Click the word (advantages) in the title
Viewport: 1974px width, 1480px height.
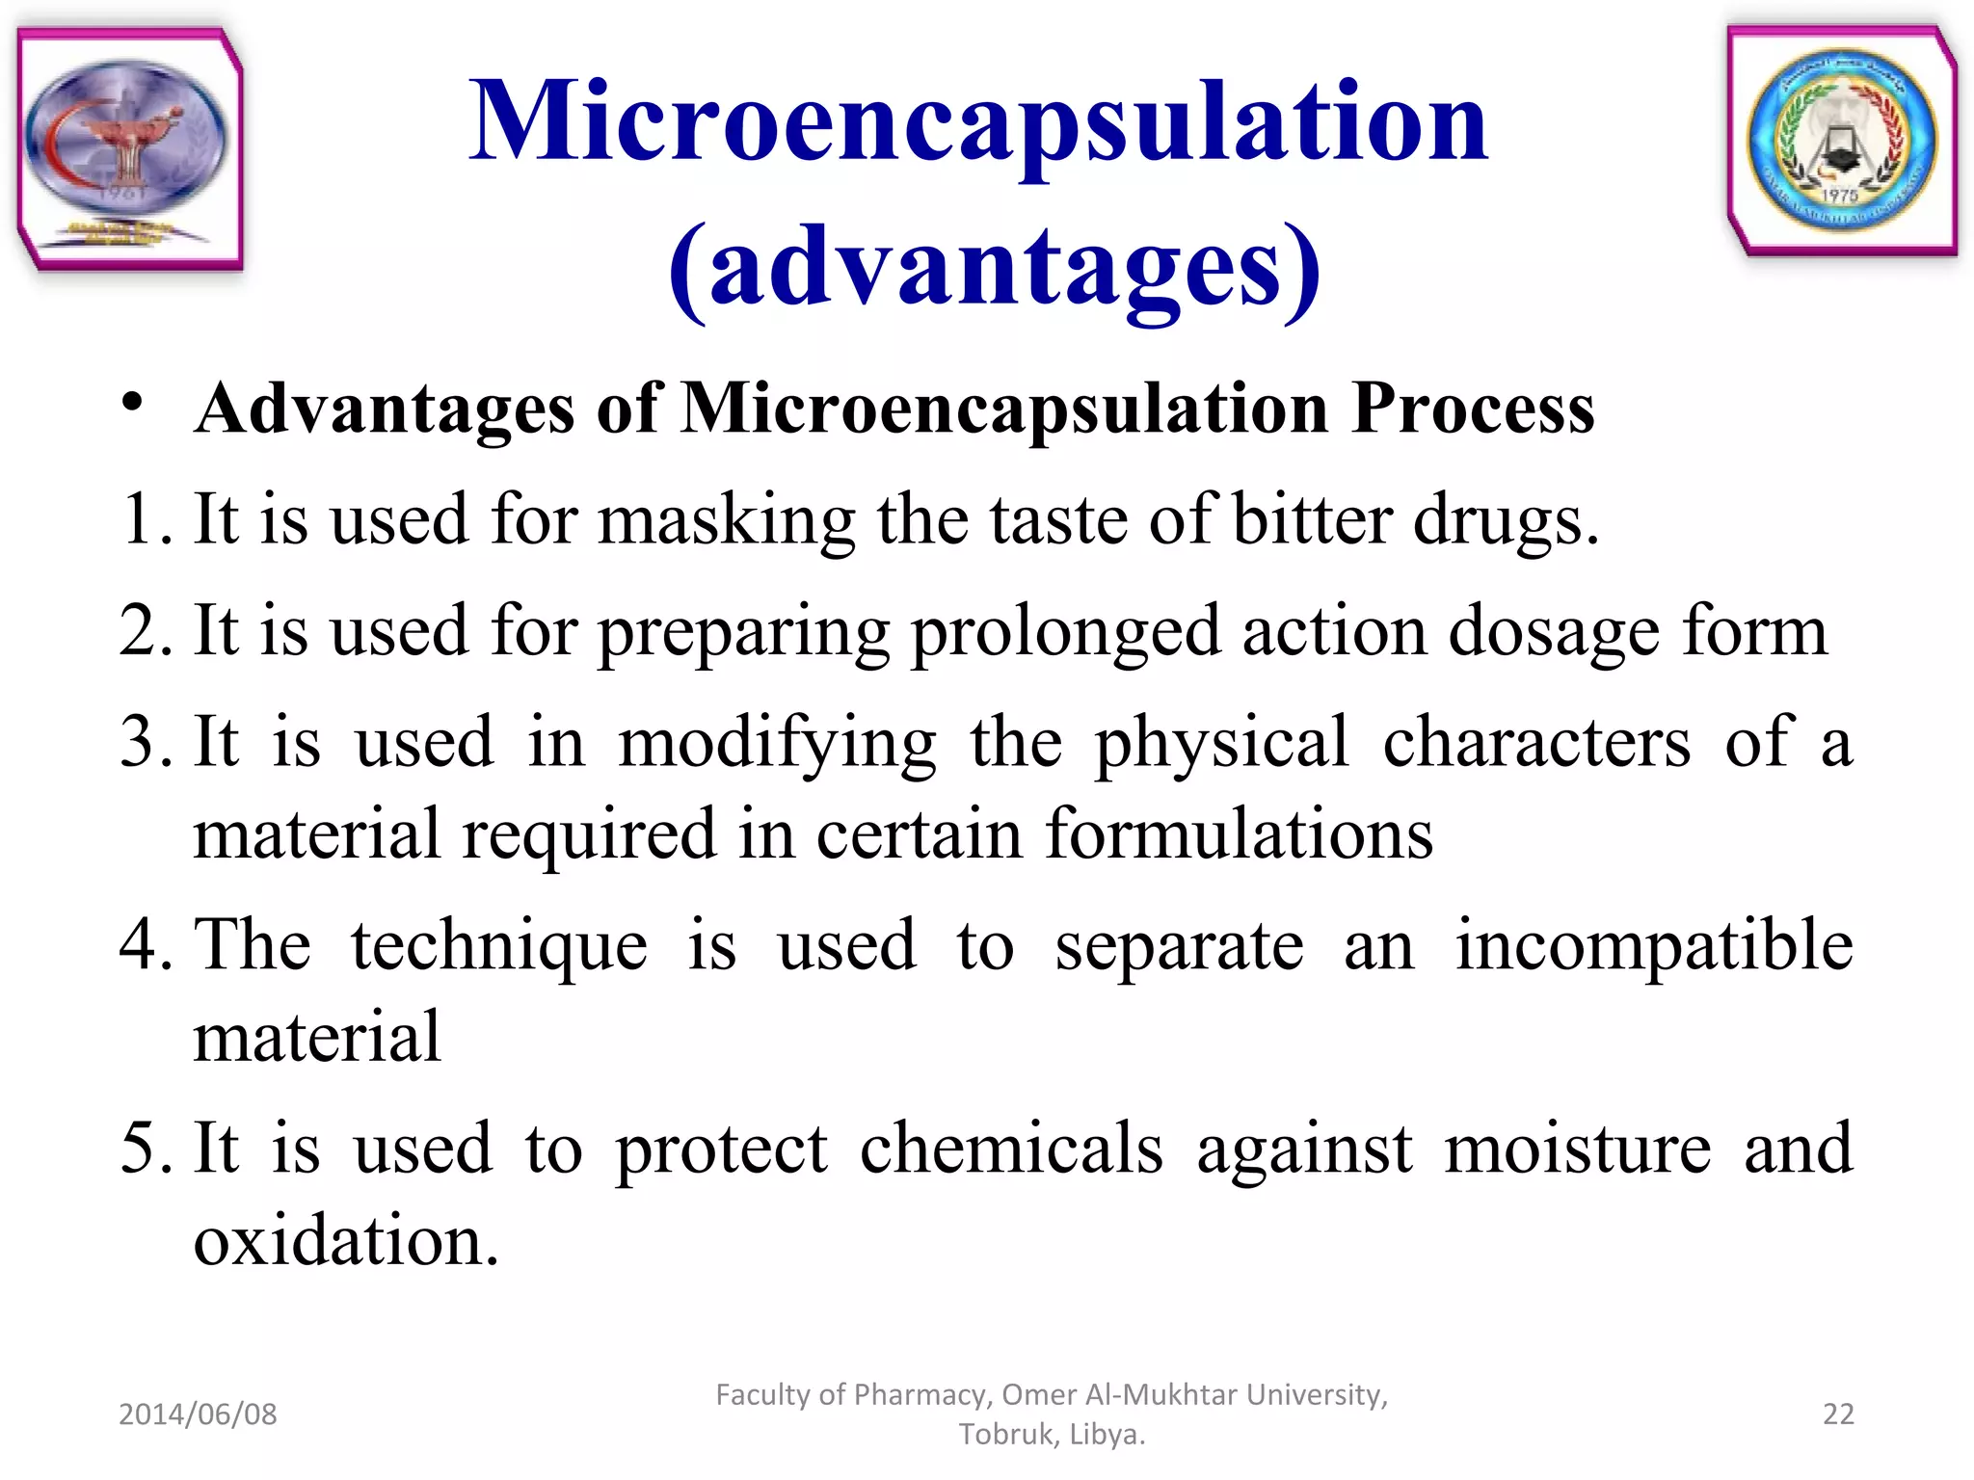pyautogui.click(x=995, y=267)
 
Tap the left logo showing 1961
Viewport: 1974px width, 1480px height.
pyautogui.click(x=129, y=149)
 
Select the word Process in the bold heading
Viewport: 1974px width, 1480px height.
pyautogui.click(x=1473, y=409)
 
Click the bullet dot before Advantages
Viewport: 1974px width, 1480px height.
pyautogui.click(x=133, y=402)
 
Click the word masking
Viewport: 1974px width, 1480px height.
pyautogui.click(x=725, y=520)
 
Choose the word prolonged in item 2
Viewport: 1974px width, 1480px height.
pyautogui.click(x=1065, y=632)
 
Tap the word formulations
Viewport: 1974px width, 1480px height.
pyautogui.click(x=1240, y=834)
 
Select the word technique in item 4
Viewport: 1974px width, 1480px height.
pyautogui.click(x=499, y=946)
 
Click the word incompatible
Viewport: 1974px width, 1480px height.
pyautogui.click(x=1654, y=946)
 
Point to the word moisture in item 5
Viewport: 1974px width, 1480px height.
pyautogui.click(x=1578, y=1149)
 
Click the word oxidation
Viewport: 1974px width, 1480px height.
pyautogui.click(x=345, y=1241)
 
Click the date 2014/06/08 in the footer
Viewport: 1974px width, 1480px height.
pyautogui.click(x=198, y=1414)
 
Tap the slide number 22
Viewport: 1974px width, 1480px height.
pyautogui.click(x=1838, y=1414)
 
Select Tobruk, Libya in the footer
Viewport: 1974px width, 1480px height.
pyautogui.click(x=1052, y=1435)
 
